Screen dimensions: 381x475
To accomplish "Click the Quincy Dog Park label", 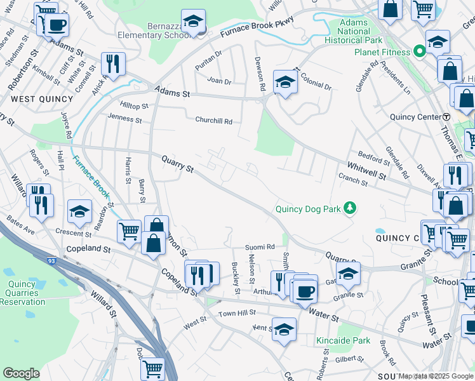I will tap(307, 209).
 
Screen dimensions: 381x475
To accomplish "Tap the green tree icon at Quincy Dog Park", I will tap(349, 208).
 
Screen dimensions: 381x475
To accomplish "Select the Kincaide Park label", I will tap(343, 341).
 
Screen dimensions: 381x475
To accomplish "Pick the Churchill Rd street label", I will tap(214, 121).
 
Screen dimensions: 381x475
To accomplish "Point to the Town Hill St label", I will tap(237, 312).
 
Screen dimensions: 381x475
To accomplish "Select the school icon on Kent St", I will tap(284, 329).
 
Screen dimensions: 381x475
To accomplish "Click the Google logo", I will tap(21, 373).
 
